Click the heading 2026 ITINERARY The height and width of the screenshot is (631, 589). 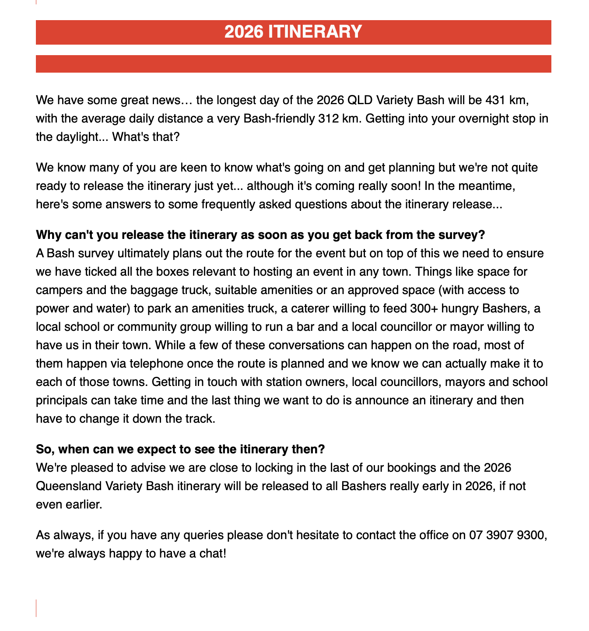(x=293, y=32)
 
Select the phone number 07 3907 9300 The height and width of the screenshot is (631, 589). (x=507, y=535)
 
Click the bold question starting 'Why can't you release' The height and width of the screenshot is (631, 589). (x=260, y=235)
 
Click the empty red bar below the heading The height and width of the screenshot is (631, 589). (x=293, y=64)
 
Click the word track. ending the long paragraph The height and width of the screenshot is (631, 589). (x=199, y=418)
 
